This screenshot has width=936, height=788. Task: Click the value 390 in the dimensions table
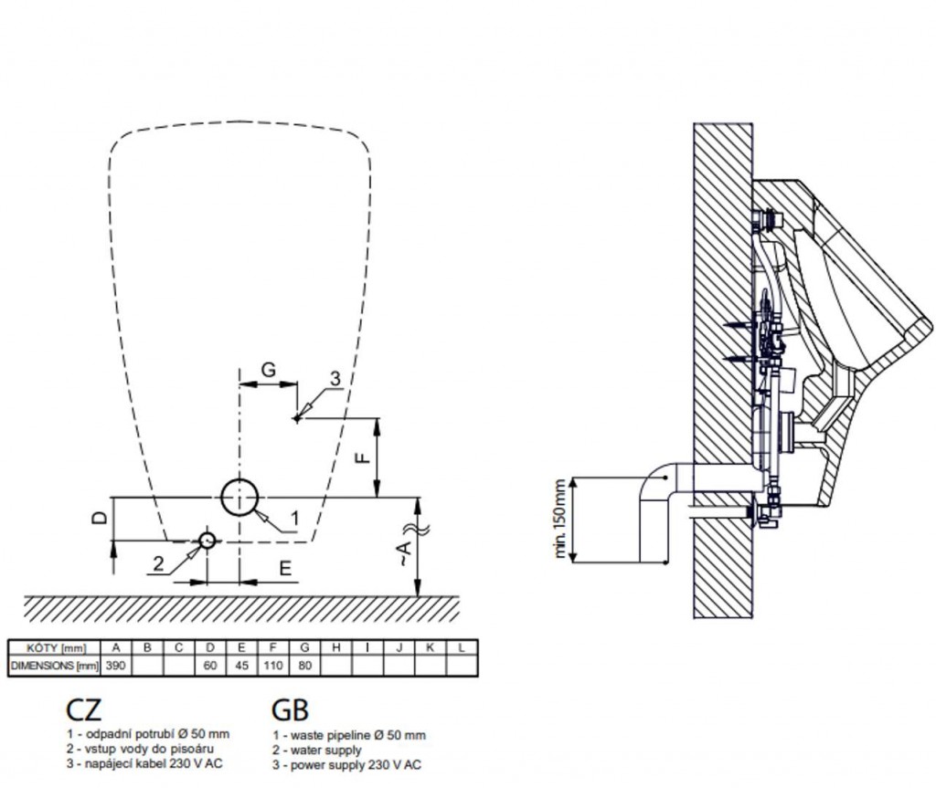point(115,665)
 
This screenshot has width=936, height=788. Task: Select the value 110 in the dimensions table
point(273,665)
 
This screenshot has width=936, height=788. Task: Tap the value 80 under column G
point(304,665)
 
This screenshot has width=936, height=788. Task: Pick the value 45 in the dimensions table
point(241,665)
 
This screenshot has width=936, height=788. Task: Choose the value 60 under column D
point(210,665)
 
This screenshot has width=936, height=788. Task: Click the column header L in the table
point(463,647)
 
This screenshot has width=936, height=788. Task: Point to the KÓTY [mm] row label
point(52,647)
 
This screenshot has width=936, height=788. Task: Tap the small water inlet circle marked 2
point(207,540)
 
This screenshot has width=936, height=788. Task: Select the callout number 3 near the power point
point(335,378)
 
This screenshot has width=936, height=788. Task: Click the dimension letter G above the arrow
point(269,370)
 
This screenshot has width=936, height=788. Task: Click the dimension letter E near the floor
point(285,568)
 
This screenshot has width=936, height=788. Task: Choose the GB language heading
point(290,709)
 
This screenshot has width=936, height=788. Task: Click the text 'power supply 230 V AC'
point(351,764)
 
